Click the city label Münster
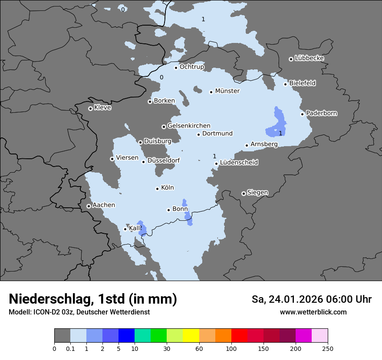[227, 91]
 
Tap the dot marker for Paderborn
[303, 114]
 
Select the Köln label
[167, 188]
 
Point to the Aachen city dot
[89, 206]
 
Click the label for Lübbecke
[309, 58]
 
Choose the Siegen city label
[257, 193]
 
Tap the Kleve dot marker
[90, 108]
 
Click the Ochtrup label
[191, 67]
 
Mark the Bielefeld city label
[302, 83]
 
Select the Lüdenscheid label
[239, 163]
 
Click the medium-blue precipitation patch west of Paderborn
[276, 124]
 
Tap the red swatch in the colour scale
[239, 336]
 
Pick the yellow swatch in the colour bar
[191, 336]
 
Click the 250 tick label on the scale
[328, 348]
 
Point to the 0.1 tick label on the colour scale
[70, 348]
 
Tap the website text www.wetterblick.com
[313, 312]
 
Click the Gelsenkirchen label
[188, 126]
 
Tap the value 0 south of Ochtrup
[161, 78]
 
